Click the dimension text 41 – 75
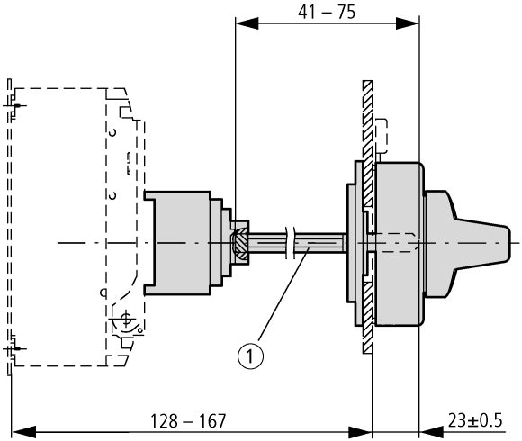pyautogui.click(x=327, y=13)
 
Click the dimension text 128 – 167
pyautogui.click(x=188, y=421)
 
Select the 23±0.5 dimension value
pyautogui.click(x=475, y=420)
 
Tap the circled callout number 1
pyautogui.click(x=250, y=356)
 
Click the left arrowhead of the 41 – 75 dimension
pyautogui.click(x=247, y=23)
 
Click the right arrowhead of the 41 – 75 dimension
pyautogui.click(x=408, y=23)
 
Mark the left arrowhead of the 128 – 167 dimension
pyautogui.click(x=23, y=432)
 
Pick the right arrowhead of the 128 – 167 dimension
pyautogui.click(x=360, y=432)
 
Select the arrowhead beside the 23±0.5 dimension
pyautogui.click(x=431, y=432)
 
